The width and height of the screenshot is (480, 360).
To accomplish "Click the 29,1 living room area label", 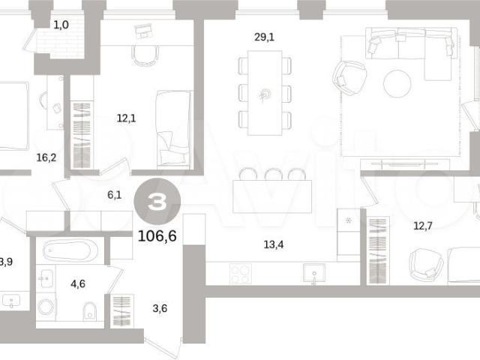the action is [x=264, y=37].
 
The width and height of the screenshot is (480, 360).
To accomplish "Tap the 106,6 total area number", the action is [x=157, y=235].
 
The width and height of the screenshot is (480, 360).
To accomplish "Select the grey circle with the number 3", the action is [x=157, y=202].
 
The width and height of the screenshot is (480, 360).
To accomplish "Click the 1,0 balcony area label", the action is [x=61, y=25].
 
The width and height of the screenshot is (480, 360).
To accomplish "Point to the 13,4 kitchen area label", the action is [x=273, y=244].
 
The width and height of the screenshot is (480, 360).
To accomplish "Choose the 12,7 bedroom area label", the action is [x=423, y=226].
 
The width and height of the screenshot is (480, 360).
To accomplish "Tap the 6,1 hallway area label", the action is [x=115, y=195].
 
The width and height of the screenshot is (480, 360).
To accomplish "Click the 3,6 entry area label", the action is [x=160, y=308].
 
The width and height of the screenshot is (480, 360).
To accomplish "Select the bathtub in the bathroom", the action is [x=70, y=250].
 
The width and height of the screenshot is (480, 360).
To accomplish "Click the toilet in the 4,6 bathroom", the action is [x=90, y=310].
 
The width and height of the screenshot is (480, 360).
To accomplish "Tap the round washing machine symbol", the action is [x=46, y=307].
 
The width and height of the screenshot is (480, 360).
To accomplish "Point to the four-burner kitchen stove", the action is [x=241, y=274].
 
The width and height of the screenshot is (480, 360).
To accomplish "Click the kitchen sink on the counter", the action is [x=314, y=273].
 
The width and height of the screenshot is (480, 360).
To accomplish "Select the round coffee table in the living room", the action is [x=397, y=83].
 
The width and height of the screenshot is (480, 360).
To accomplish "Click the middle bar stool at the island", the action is [x=274, y=175].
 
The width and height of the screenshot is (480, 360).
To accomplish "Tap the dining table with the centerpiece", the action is [x=265, y=93].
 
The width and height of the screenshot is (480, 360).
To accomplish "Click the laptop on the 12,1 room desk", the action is [x=143, y=31].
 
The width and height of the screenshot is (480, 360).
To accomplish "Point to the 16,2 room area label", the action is [x=46, y=157].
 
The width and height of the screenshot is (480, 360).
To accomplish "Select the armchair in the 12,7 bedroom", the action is [x=426, y=265].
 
